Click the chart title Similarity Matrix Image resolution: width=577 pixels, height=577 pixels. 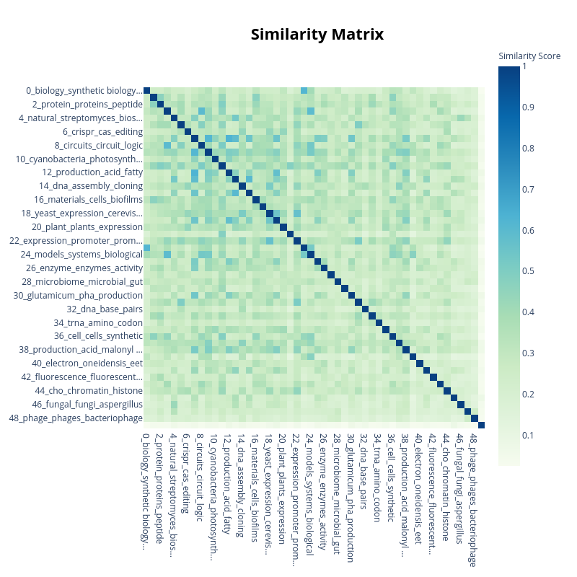click(x=317, y=35)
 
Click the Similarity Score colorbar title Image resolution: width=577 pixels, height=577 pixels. click(x=529, y=56)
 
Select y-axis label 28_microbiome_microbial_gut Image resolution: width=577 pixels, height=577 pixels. click(x=82, y=282)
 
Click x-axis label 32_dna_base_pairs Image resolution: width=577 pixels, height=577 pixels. click(x=364, y=469)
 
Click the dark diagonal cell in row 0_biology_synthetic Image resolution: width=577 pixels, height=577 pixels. click(x=146, y=91)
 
